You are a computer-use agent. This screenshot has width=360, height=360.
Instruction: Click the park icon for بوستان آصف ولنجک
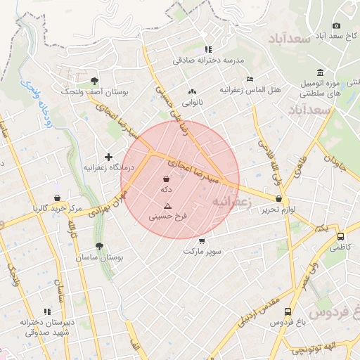pos(95,80)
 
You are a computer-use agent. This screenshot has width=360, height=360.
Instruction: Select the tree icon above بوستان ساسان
pos(100,246)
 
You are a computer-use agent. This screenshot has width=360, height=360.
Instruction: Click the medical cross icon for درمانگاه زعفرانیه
pos(108,157)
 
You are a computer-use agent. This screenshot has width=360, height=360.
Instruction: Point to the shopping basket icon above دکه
pos(166,179)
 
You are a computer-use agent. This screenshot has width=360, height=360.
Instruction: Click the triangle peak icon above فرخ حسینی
pos(167,206)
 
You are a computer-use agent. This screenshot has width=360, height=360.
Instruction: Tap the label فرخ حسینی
pos(168,217)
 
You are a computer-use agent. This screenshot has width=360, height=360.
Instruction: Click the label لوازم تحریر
pos(277,210)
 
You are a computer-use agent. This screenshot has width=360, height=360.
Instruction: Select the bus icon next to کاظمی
pos(341,237)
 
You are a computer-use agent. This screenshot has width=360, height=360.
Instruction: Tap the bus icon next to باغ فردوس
pos(297,311)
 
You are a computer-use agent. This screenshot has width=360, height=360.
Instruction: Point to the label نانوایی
pos(193,103)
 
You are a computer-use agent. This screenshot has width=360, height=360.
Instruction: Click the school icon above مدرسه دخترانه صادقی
pos(207,49)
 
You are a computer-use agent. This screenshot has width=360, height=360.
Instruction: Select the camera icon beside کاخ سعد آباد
pos(335,26)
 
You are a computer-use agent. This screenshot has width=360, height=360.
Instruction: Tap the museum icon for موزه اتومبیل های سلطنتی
pos(321,72)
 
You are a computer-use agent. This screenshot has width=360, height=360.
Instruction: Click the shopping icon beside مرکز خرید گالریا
pos(57,198)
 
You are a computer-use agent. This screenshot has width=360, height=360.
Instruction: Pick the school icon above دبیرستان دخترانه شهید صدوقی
pos(47,311)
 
